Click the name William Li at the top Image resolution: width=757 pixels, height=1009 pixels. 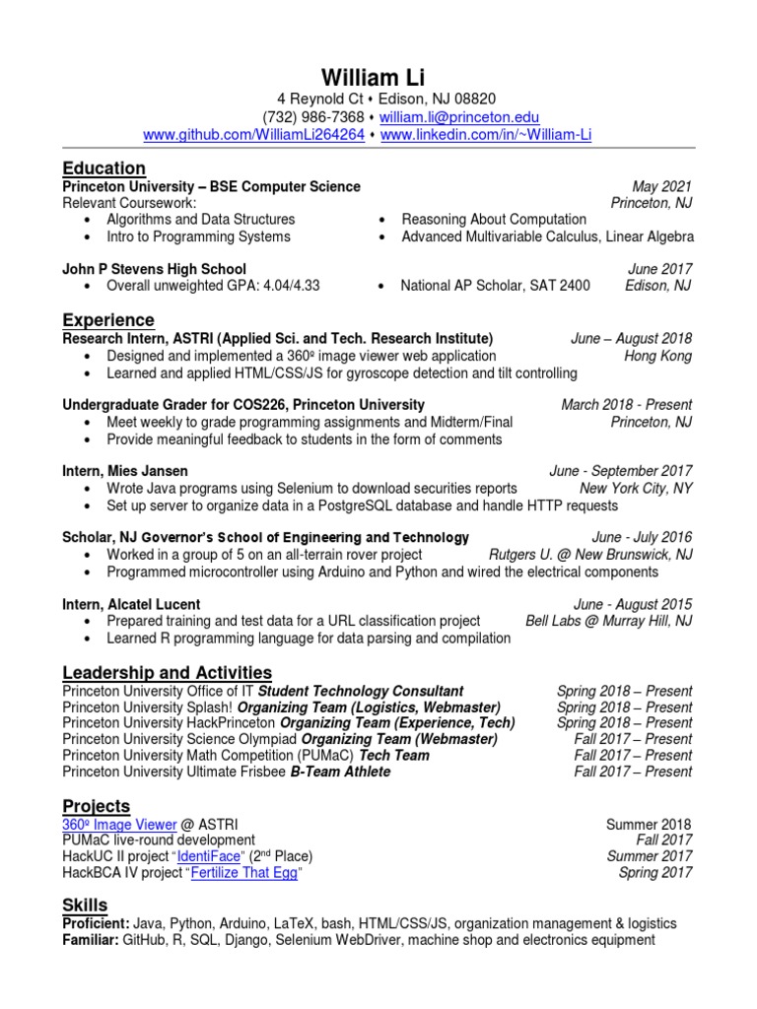tap(378, 79)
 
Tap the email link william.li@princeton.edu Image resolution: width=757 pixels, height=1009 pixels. tap(458, 117)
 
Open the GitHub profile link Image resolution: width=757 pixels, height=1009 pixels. tap(254, 134)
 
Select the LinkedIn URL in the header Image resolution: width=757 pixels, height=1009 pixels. tap(486, 134)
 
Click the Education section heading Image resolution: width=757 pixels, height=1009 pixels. tap(103, 168)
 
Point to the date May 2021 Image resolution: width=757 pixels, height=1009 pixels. tap(662, 186)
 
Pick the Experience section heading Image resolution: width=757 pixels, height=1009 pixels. tap(108, 320)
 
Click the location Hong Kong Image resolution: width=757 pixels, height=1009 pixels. tap(658, 356)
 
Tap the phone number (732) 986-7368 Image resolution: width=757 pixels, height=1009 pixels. tap(312, 117)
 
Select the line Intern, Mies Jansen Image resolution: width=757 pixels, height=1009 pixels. tap(125, 471)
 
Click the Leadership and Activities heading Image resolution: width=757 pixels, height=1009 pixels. tap(167, 673)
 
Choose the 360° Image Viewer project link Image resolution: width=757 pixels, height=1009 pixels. tap(119, 824)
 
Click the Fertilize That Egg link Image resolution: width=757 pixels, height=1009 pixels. tap(242, 873)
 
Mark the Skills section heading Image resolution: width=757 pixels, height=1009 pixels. tap(85, 906)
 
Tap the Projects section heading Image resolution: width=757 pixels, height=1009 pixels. tap(96, 807)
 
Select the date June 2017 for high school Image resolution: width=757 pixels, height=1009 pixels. tap(660, 269)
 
